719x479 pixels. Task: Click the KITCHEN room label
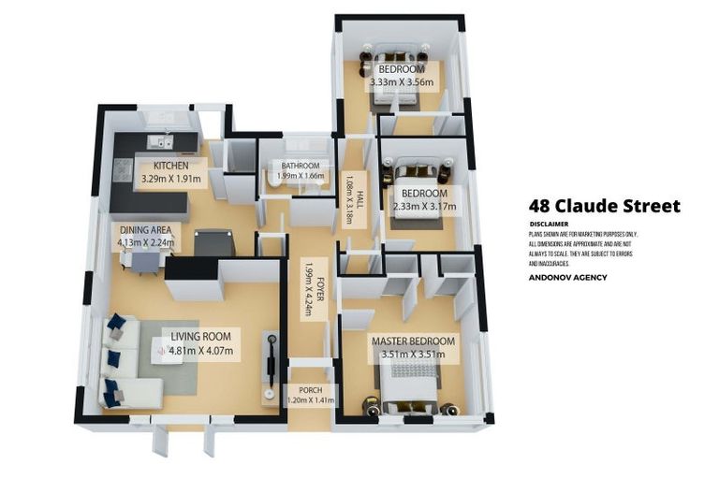171,166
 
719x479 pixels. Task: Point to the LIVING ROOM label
200,336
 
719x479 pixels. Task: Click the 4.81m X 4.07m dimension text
200,352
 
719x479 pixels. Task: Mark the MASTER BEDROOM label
413,341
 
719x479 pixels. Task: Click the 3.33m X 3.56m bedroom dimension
402,82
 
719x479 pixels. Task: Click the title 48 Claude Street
604,206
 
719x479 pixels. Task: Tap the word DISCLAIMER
549,225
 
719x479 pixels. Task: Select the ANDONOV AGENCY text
567,277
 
